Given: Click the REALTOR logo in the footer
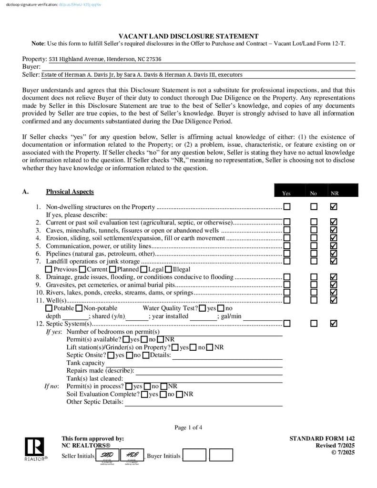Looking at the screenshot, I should [34, 449].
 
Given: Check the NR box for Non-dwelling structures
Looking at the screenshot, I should [334, 207].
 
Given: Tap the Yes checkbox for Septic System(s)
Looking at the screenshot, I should [287, 324].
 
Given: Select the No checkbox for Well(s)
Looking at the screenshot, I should [314, 300].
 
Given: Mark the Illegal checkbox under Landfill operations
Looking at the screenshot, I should [168, 269].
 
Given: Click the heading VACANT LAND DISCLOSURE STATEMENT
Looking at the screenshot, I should [188, 36].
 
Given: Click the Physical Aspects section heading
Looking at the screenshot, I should [70, 192].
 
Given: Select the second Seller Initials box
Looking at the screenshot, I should [132, 456].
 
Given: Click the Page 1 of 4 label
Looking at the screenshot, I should [188, 427].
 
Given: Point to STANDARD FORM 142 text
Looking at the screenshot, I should [322, 438].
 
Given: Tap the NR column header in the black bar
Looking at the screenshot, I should [335, 193].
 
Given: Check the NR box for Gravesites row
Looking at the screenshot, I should [334, 285].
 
